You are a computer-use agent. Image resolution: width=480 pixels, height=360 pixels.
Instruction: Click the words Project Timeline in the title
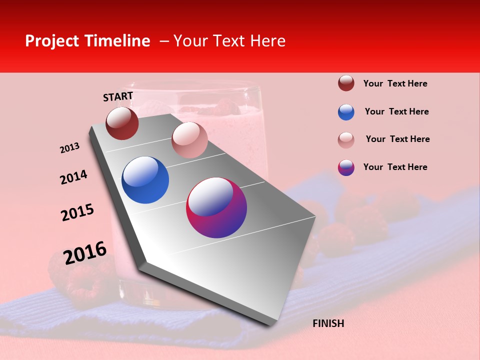87,41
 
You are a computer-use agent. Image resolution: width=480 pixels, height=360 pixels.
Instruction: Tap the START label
118,96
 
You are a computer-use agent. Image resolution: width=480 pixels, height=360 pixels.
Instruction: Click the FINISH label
328,323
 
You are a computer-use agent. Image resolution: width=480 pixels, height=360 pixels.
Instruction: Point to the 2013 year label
69,148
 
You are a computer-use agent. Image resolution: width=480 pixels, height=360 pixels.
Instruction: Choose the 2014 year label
73,177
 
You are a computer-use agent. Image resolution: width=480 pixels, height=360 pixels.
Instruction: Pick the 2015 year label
77,212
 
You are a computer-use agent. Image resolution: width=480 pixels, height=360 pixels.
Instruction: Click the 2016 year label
85,252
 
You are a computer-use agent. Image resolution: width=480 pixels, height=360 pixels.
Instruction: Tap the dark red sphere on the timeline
122,123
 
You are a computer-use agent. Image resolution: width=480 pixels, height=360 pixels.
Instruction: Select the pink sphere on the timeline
189,140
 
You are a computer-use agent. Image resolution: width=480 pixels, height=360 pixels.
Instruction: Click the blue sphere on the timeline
145,180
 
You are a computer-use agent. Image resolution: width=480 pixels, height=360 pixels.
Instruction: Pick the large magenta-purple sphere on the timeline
216,207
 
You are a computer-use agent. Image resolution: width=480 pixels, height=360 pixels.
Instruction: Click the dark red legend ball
346,83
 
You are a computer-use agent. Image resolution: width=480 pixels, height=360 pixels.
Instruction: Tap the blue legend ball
346,112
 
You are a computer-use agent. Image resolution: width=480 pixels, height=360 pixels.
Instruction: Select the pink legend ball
346,140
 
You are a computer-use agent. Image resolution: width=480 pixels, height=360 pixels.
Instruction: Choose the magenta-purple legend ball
346,167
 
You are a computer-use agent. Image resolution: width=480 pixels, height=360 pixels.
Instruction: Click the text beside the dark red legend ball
395,83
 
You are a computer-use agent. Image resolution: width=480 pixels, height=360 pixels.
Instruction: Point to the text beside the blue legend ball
396,111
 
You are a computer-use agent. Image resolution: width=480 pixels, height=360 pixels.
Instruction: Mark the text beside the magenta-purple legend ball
395,167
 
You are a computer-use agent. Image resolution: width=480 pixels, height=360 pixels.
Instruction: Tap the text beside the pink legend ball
397,139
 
